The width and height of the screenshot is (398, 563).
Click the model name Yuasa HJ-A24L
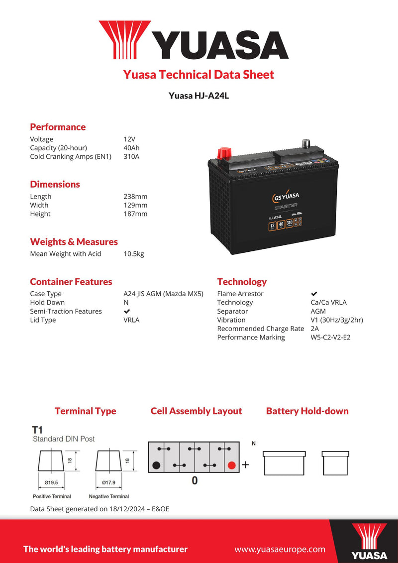(199, 96)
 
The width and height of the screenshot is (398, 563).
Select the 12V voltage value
(129, 139)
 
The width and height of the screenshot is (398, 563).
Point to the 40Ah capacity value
(132, 148)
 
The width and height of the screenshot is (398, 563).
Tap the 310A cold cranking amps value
(132, 157)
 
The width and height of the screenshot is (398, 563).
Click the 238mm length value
(135, 197)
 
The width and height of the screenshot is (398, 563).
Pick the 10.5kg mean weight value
(134, 254)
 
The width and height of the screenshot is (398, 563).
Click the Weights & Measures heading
(74, 242)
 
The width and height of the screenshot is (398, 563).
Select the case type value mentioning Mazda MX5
(163, 294)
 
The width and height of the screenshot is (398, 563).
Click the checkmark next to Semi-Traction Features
(127, 312)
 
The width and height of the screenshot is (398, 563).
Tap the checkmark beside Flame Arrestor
(314, 294)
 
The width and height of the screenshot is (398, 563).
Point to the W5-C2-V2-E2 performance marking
(330, 338)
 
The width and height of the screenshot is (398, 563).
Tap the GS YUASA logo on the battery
(285, 196)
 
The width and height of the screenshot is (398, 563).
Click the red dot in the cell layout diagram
(231, 466)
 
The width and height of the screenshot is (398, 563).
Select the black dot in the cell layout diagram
(156, 466)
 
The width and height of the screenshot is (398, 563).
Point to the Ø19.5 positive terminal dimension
(52, 482)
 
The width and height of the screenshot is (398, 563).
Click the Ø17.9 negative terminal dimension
(108, 482)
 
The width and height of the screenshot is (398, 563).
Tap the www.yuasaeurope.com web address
(280, 549)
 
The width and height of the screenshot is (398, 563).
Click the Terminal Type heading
(85, 411)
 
